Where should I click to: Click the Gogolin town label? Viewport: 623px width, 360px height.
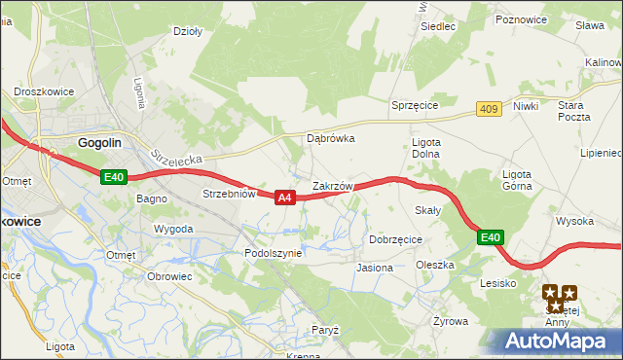[99, 142]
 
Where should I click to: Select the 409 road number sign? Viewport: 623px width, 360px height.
[489, 110]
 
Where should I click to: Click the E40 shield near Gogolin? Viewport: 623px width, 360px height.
[114, 177]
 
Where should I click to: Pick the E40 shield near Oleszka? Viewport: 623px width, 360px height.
[491, 236]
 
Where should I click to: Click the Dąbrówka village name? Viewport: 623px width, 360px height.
[331, 138]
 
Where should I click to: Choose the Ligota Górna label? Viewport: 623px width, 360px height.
[516, 181]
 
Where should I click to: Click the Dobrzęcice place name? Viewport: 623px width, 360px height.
[395, 238]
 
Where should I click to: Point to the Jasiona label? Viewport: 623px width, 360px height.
[375, 267]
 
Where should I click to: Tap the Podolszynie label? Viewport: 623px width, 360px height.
[274, 252]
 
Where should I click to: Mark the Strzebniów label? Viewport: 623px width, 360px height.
[229, 194]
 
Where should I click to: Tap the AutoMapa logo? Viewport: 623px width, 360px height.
[553, 342]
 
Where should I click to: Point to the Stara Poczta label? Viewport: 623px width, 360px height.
[574, 110]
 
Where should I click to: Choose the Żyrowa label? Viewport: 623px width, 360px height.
[451, 320]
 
